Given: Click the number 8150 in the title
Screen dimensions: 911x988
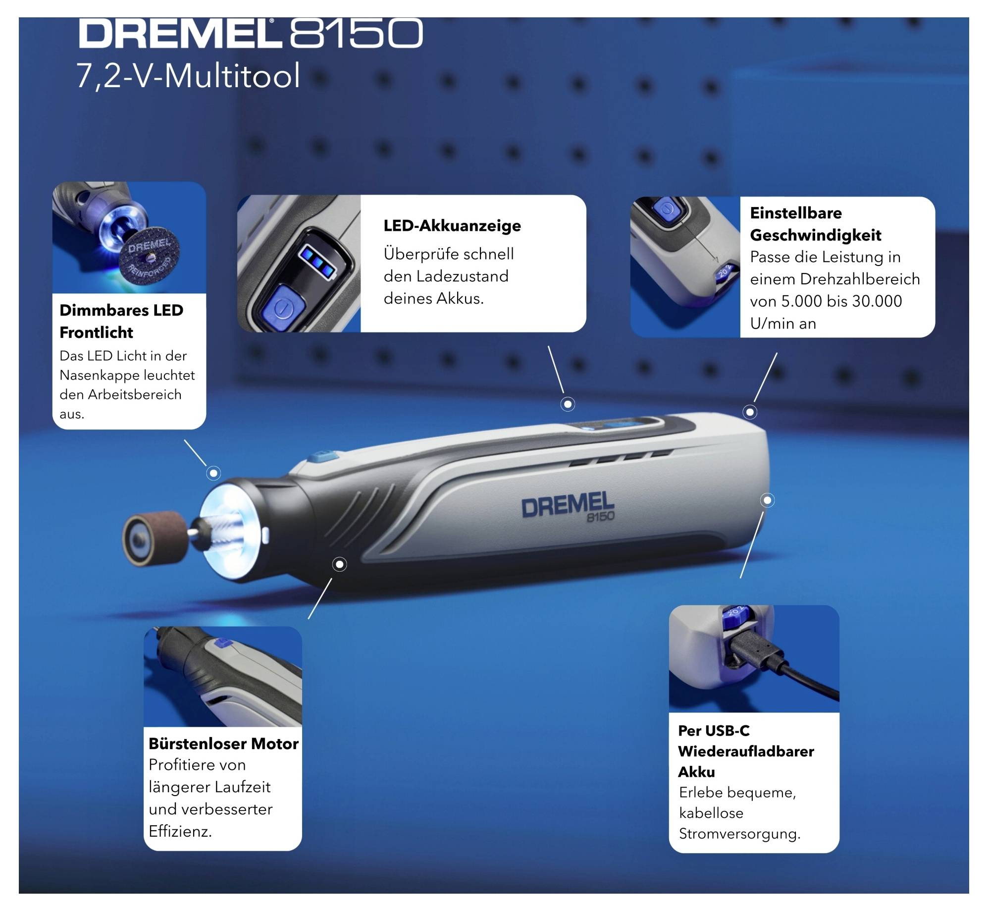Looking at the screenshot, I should [x=356, y=34].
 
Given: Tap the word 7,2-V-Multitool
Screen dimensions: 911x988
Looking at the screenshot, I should [x=188, y=76].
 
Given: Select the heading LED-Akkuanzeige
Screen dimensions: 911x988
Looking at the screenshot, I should [x=452, y=226].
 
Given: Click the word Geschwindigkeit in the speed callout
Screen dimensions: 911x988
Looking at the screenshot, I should [x=815, y=235].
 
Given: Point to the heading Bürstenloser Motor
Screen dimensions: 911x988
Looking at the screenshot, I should [x=223, y=744].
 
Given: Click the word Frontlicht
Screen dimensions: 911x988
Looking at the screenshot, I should [x=96, y=332].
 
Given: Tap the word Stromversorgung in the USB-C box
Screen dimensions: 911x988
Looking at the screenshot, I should [x=739, y=834].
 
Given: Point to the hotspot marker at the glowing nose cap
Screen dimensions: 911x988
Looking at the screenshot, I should [x=213, y=473].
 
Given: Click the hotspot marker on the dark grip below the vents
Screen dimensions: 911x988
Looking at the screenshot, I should [x=339, y=564].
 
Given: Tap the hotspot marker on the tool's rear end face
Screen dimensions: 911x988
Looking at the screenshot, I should [x=767, y=500].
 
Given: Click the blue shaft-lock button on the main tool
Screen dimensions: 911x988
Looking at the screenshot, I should [x=322, y=456].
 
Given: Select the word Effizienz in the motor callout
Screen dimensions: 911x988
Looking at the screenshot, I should [x=180, y=831].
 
